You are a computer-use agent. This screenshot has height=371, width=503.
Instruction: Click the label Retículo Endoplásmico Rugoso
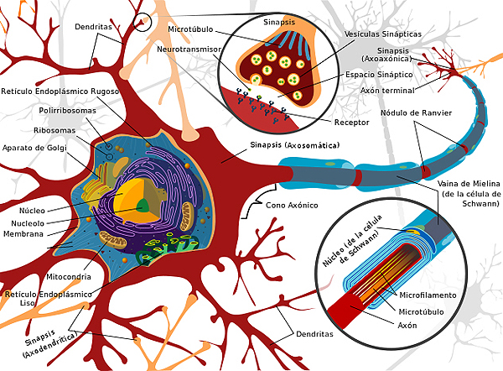[60, 91]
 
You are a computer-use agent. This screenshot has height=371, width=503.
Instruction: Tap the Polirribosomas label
[67, 111]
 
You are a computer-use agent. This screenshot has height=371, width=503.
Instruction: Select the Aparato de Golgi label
[34, 148]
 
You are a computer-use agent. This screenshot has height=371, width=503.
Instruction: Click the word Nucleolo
[28, 223]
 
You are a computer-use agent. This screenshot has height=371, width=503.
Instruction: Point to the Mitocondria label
[69, 276]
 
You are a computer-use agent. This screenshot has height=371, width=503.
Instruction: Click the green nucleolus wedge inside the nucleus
[143, 206]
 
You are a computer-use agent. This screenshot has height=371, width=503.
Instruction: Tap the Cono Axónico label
[292, 206]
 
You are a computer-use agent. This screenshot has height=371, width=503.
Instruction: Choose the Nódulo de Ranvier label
[416, 113]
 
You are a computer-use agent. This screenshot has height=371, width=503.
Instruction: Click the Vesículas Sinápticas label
[383, 34]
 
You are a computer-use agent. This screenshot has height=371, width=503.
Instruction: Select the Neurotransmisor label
[189, 50]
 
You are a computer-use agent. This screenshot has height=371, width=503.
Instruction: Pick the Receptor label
[351, 123]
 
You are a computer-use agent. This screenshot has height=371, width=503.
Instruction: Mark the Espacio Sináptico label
[379, 75]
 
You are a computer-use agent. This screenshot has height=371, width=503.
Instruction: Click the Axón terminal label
[387, 91]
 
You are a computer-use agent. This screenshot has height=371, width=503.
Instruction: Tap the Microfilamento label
[428, 295]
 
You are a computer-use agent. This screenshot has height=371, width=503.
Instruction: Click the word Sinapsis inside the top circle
[279, 22]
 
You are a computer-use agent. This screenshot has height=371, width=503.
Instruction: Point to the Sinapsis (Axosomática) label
[295, 145]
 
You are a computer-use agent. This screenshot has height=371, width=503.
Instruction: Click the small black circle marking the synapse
[142, 22]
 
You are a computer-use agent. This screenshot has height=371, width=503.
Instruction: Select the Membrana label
[23, 234]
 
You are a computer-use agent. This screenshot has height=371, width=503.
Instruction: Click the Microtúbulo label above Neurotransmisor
[190, 29]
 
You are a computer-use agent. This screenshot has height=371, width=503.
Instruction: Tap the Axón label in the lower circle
[407, 326]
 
